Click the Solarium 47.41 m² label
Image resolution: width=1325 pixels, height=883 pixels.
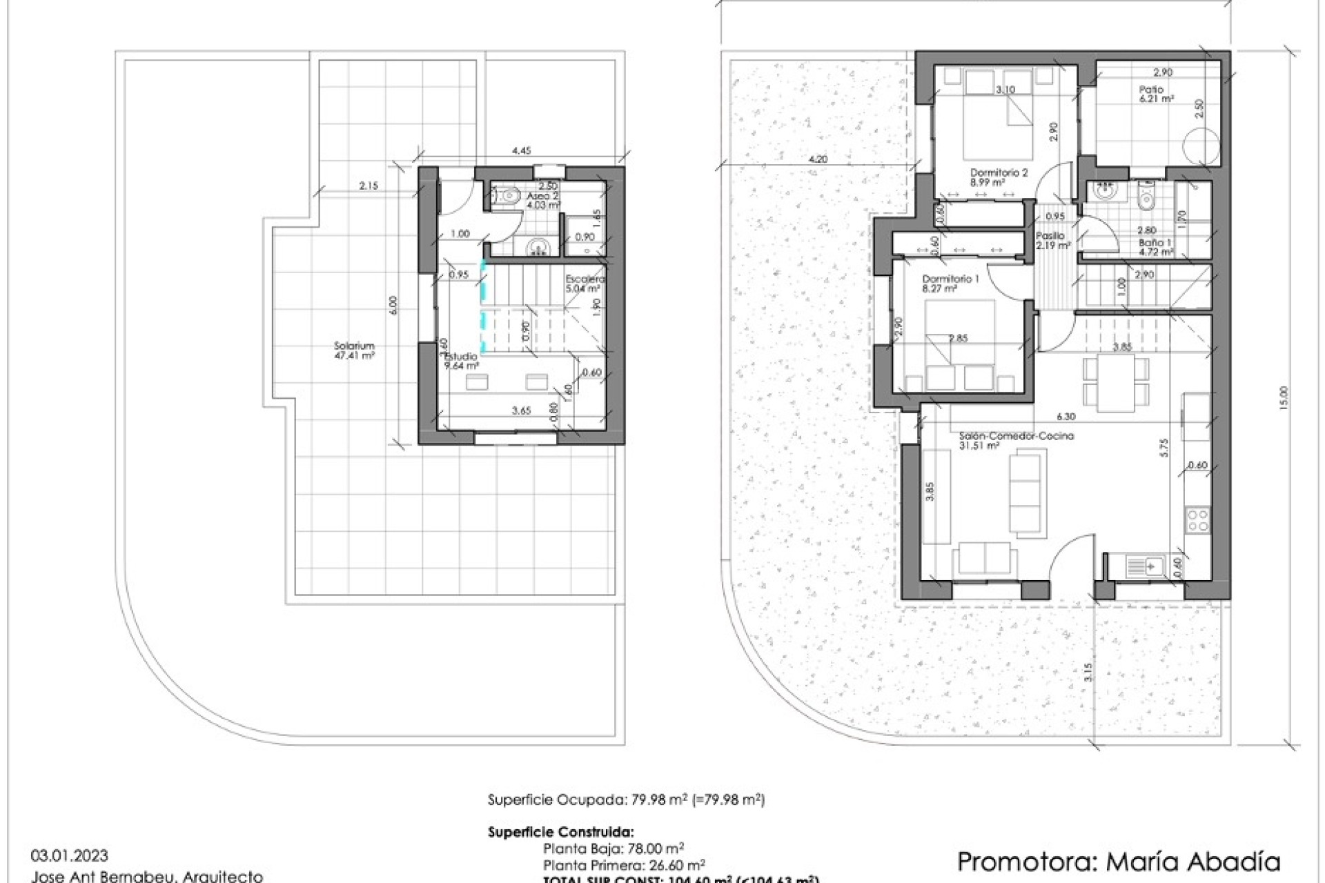point(354,351)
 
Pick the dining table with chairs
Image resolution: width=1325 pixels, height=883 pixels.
point(1116,382)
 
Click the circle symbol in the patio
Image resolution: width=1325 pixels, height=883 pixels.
point(1200,146)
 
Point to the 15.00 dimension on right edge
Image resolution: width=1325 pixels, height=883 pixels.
point(1283,399)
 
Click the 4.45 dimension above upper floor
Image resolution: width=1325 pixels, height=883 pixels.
point(521,150)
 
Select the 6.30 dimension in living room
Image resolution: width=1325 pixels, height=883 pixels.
point(1066,417)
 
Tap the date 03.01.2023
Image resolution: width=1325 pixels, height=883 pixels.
point(70,856)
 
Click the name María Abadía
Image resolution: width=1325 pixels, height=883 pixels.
point(1193,861)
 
